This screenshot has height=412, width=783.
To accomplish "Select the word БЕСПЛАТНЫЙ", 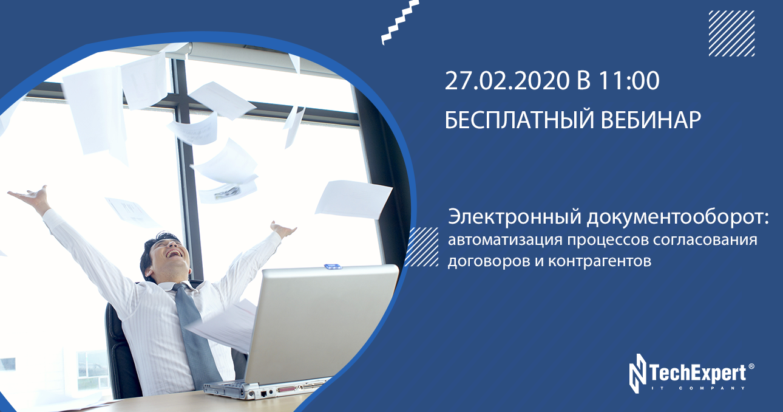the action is tap(520, 120).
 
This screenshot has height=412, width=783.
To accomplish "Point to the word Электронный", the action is tap(515, 217).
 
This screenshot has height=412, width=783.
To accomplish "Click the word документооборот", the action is tap(678, 217).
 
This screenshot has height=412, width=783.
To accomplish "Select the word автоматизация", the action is tap(506, 240).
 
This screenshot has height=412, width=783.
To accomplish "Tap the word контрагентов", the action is tap(600, 261).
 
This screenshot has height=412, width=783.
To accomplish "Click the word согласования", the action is tap(705, 240).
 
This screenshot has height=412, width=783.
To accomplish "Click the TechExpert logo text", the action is tap(697, 373).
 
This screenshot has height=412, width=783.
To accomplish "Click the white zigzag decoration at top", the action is tap(400, 22).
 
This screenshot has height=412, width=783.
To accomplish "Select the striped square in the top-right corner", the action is tap(731, 33).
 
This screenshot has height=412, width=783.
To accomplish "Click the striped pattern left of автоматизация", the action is tap(422, 247).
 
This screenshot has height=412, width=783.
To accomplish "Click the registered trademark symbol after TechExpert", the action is tap(751, 366).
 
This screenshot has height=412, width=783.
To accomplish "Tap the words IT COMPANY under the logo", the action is tap(697, 388).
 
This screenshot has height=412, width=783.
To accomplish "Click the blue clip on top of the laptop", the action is tap(333, 266).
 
